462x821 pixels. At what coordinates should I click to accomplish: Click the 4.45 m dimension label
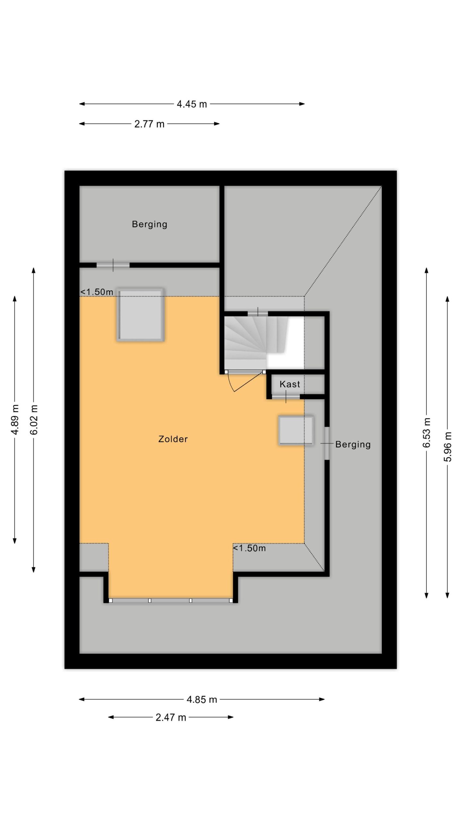[192, 104]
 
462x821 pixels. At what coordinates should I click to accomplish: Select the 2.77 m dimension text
[149, 124]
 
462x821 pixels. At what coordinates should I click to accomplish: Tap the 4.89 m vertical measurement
[15, 419]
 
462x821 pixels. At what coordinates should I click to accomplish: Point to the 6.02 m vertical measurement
[34, 419]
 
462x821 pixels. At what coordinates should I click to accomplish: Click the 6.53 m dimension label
[426, 433]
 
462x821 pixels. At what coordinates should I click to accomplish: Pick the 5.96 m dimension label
[448, 447]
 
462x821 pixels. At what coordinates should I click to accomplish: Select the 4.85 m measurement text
[202, 699]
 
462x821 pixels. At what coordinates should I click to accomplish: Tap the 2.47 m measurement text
[171, 717]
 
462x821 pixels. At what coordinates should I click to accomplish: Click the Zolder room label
[173, 439]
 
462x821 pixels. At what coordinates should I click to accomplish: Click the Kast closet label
[290, 384]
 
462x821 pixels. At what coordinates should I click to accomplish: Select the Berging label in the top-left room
[150, 224]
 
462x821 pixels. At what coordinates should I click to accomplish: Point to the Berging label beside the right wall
[353, 444]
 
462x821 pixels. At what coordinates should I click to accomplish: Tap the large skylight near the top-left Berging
[140, 315]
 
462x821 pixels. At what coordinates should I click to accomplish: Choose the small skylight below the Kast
[296, 430]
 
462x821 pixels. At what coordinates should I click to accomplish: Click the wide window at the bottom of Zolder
[171, 601]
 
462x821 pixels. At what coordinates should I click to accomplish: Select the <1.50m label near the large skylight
[97, 292]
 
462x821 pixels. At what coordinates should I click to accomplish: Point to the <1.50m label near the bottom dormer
[249, 548]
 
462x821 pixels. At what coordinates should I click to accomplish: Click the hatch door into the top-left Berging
[113, 265]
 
